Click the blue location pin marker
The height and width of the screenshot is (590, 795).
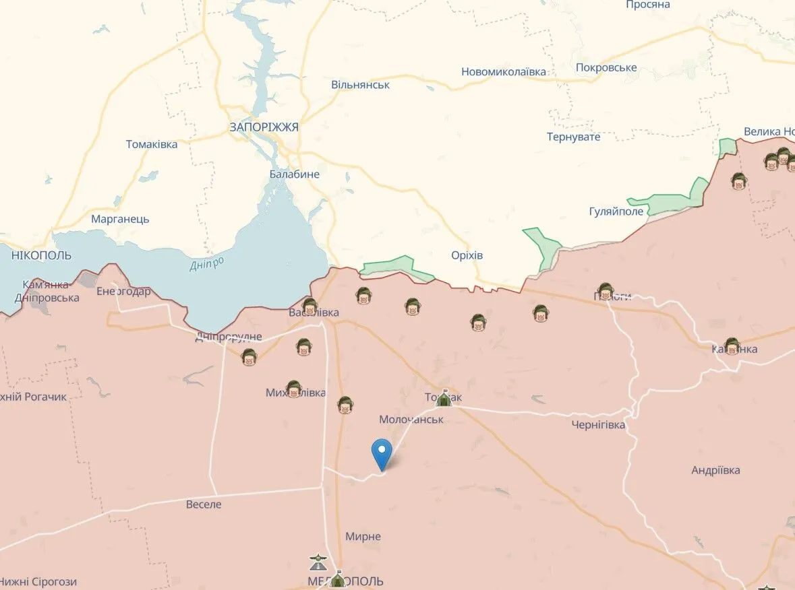(382, 453)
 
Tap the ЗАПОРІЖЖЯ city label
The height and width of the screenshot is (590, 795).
(264, 127)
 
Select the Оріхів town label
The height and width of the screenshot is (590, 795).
(467, 255)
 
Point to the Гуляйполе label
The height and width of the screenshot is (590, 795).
(616, 211)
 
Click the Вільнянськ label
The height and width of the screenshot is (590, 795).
(360, 85)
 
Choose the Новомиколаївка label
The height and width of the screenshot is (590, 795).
(504, 71)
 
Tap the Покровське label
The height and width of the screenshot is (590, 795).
(606, 67)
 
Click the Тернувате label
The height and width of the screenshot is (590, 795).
(573, 137)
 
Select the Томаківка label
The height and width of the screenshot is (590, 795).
(152, 144)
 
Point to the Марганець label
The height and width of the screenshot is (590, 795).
(120, 219)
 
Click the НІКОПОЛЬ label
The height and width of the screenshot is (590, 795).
(41, 255)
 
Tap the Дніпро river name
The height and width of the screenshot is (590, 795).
(206, 264)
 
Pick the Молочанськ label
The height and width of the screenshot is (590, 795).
(411, 419)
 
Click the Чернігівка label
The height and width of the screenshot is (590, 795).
(598, 424)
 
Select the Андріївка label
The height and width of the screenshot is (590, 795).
(715, 469)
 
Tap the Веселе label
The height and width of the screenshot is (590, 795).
(204, 504)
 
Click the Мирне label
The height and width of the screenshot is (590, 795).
(363, 536)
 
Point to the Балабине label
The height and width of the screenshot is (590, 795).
(294, 174)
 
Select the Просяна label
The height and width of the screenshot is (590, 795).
(647, 5)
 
